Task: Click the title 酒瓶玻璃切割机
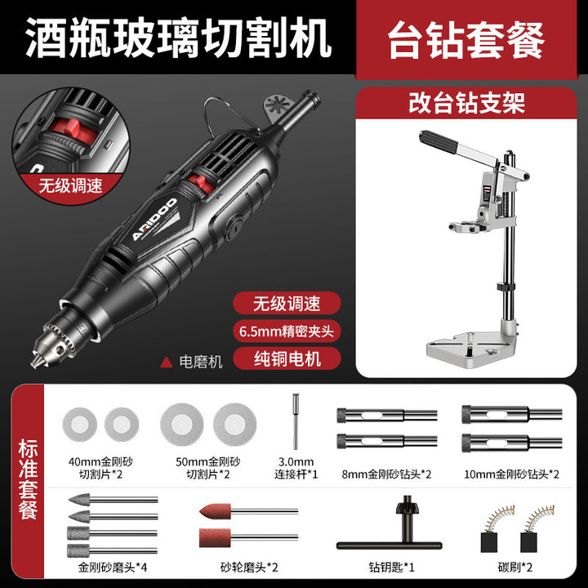tap(179, 38)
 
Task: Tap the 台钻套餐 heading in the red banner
tap(465, 40)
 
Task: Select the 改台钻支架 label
tap(466, 103)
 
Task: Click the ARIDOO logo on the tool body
tap(154, 220)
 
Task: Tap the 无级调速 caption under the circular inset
tap(70, 185)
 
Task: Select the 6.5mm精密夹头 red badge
tap(287, 331)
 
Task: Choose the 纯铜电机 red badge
tap(287, 359)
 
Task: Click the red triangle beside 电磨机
tap(166, 363)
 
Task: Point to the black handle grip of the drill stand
tap(438, 141)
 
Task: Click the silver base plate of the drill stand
tap(472, 345)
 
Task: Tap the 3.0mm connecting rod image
tap(296, 421)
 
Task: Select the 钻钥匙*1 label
tap(391, 567)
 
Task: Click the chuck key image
tap(390, 525)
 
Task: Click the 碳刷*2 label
tap(514, 567)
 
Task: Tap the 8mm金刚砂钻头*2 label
tap(386, 474)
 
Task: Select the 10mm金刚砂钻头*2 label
tap(511, 474)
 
